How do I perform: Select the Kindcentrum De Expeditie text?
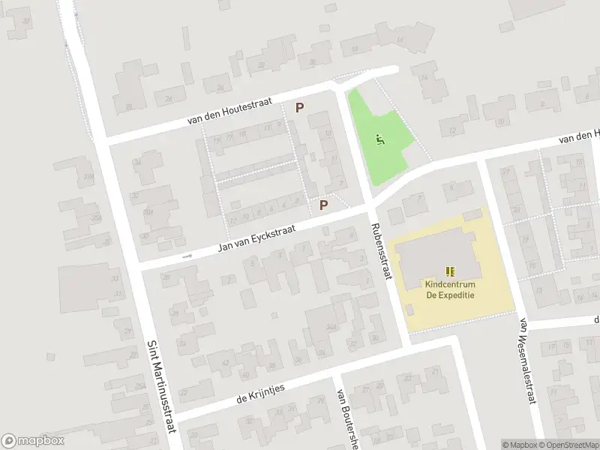pos(451,289)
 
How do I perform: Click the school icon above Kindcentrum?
pos(451,271)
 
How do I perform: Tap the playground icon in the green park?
pos(381,139)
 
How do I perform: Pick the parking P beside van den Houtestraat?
pos(299,107)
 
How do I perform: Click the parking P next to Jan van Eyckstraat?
pos(324,204)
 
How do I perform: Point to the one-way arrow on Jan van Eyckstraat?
pos(186,256)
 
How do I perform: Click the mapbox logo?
pos(33,441)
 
